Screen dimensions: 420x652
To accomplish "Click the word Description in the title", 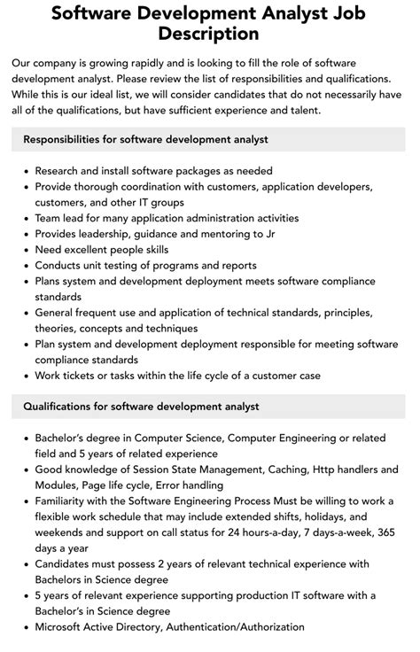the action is point(210,34).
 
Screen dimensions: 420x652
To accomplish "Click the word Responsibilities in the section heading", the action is point(68,140).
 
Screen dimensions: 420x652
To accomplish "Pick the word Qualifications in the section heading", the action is point(61,407).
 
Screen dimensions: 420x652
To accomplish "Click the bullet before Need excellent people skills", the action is point(25,250).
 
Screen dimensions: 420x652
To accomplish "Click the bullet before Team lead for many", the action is point(25,218).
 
